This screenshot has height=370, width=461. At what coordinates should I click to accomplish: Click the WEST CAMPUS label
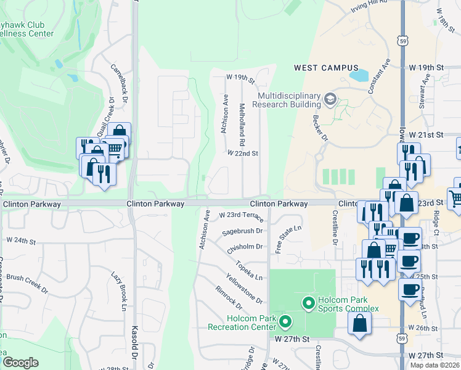pyautogui.click(x=326, y=68)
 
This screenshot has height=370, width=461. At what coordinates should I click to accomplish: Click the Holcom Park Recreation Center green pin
pyautogui.click(x=285, y=321)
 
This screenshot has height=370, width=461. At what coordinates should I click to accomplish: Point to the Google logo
pyautogui.click(x=20, y=362)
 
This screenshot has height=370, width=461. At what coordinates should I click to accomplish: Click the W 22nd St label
pyautogui.click(x=242, y=153)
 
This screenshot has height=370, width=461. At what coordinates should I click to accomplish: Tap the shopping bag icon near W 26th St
pyautogui.click(x=359, y=324)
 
